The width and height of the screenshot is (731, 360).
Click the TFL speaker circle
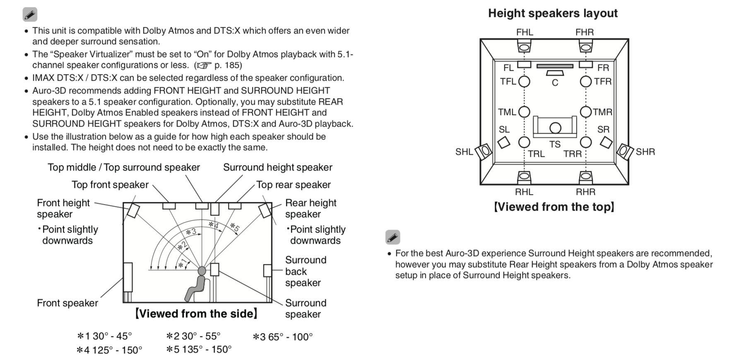524,82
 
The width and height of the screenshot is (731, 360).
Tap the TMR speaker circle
586,112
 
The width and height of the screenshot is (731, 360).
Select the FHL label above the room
524,32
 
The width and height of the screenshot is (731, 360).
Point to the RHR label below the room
585,192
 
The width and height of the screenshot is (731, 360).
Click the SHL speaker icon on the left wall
483,151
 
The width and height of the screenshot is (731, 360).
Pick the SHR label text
645,152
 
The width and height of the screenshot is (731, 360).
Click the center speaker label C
555,83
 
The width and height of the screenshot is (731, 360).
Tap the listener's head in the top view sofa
555,128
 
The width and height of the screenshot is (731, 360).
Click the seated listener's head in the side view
202,271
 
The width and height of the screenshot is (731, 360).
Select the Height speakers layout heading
553,13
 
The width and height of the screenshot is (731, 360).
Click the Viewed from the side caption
197,314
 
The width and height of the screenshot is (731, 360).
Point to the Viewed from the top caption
554,207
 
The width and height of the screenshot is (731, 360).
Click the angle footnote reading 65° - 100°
283,337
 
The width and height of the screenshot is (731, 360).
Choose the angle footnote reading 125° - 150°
109,350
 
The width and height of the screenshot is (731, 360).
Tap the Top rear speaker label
293,185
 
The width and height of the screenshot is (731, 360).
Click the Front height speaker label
63,208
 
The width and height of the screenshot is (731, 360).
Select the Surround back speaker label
305,271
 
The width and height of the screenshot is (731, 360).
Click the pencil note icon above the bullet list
30,14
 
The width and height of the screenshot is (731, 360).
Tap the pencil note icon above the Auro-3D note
392,237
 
